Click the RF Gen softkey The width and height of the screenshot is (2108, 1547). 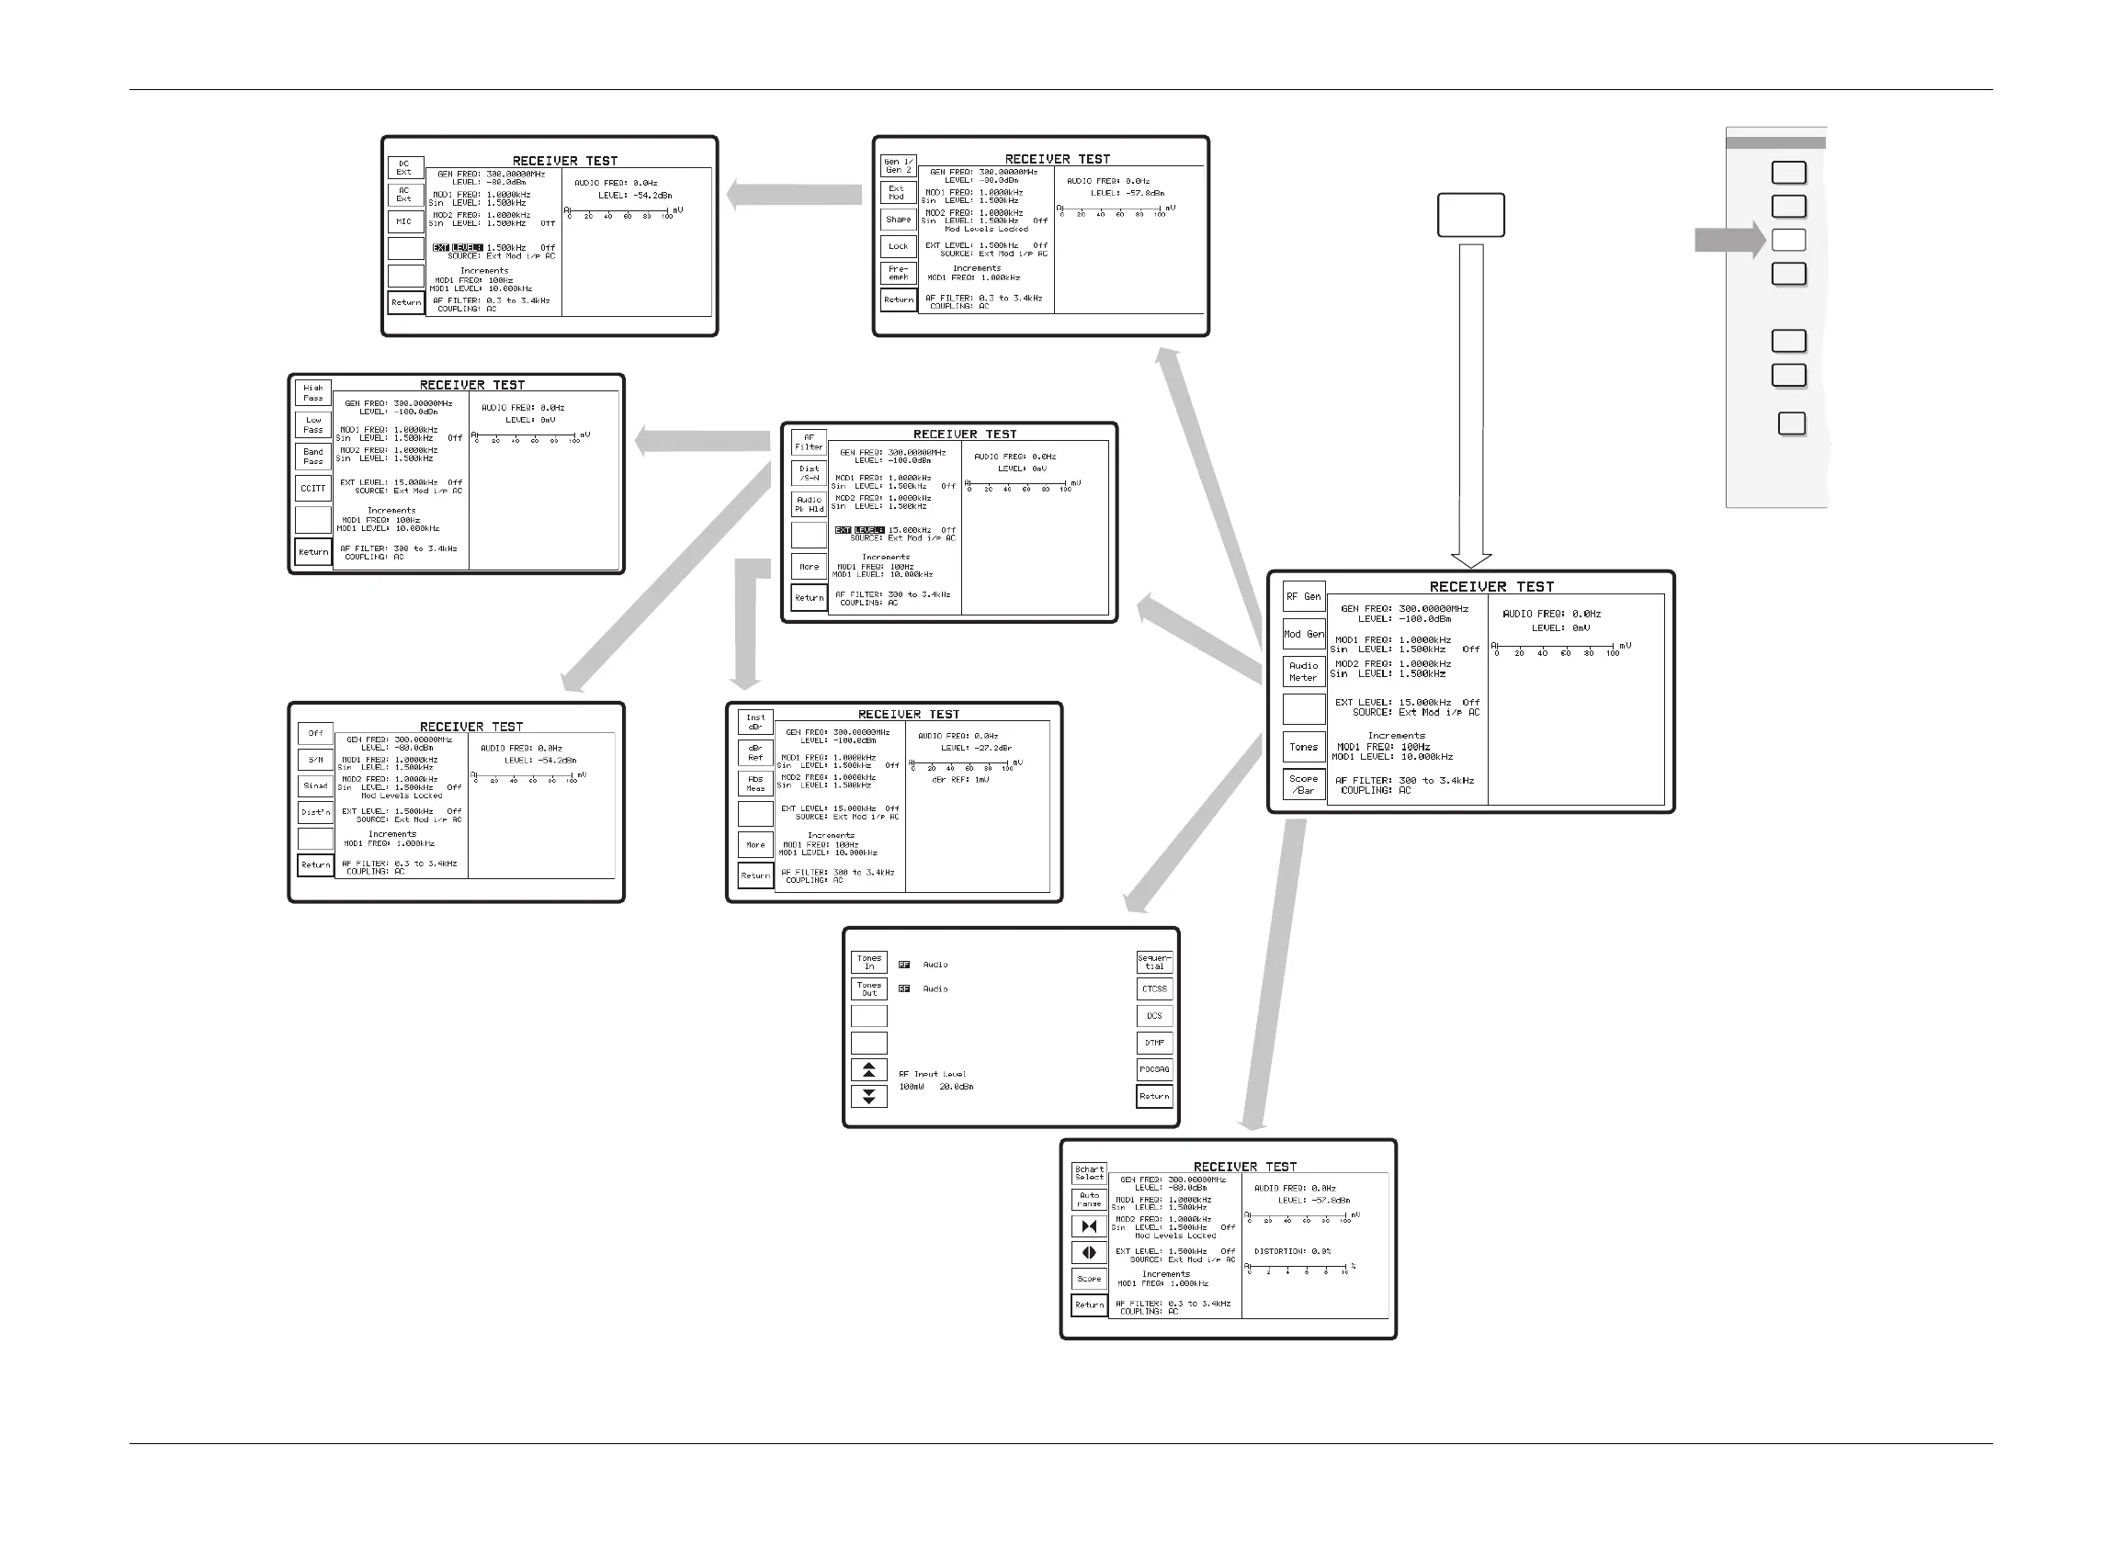pos(1303,596)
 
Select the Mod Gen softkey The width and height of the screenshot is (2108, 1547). pos(1303,634)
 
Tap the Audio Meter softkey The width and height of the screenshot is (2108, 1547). pos(1303,672)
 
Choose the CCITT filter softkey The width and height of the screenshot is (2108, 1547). pos(312,488)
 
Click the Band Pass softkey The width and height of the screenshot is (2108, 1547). pos(312,456)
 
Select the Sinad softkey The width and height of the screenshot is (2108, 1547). pos(315,785)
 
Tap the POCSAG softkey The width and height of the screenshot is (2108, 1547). pos(1154,1069)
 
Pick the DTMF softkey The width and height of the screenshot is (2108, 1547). pos(1154,1043)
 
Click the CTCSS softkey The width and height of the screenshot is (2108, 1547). pos(1154,988)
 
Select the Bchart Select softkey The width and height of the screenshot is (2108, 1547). pos(1089,1173)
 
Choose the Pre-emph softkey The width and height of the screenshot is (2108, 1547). pos(898,273)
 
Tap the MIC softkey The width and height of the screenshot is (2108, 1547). pos(404,222)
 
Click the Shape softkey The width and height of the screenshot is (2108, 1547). pos(898,220)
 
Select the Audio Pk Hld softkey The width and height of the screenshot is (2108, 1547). pos(810,504)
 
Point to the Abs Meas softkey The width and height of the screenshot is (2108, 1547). pos(754,783)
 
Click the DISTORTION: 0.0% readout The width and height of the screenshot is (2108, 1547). pos(1292,1251)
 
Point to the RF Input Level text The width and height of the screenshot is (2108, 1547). pos(932,1074)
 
